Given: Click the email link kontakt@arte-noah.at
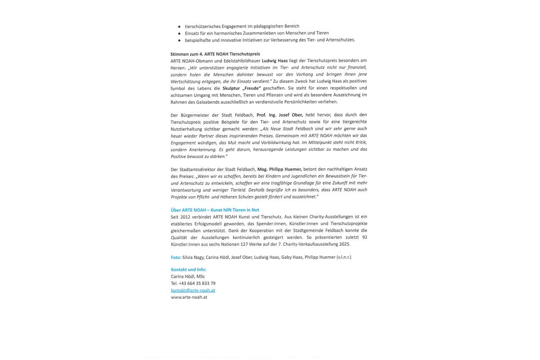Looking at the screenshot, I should point(193,290).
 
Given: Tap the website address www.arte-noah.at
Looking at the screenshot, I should point(189,297).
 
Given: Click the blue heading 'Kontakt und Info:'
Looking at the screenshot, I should point(189,269).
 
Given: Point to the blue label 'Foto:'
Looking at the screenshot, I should point(176,257).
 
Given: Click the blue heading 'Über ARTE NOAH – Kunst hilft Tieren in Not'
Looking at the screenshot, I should point(215,210).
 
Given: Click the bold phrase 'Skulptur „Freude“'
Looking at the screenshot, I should point(242,88).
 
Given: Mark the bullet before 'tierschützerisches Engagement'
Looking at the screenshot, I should point(179,27).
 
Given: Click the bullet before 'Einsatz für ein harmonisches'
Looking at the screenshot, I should point(179,33).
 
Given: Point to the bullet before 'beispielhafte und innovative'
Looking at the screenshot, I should point(179,40).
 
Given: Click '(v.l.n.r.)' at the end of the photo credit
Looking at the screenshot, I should point(343,257).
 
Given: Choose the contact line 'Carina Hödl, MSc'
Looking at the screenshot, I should point(188,276).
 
